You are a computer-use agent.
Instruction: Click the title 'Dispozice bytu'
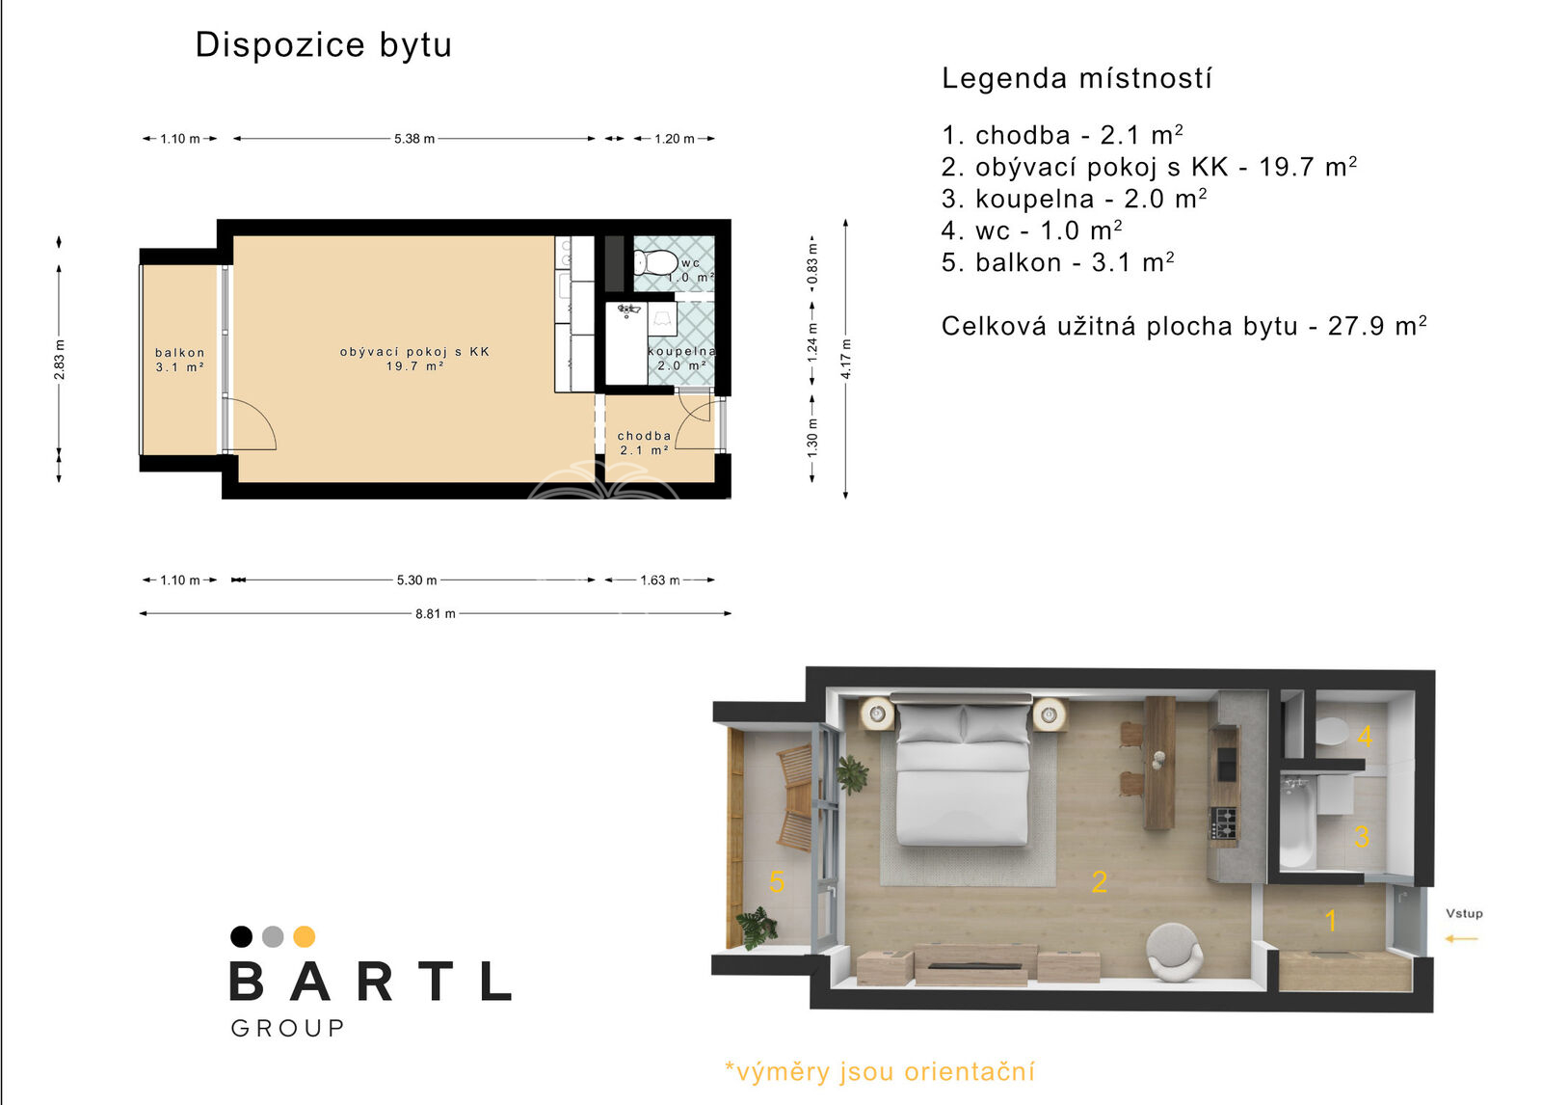[x=324, y=45]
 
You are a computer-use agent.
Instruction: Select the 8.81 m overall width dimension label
[x=435, y=614]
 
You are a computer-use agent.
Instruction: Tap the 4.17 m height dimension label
[x=846, y=359]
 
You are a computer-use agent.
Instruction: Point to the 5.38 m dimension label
[x=414, y=139]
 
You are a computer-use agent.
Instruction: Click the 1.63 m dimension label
[x=660, y=580]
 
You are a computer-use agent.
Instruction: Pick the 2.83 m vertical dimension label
[x=59, y=360]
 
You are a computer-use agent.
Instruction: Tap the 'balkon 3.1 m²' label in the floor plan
[x=179, y=360]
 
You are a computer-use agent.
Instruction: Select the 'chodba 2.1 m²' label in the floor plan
[x=645, y=443]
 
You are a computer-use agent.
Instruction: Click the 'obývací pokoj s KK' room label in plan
[x=415, y=351]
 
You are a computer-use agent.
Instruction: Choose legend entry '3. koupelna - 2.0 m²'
[x=1074, y=199]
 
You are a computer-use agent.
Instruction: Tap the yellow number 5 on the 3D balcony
[x=777, y=882]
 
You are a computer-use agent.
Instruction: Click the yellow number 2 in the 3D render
[x=1100, y=882]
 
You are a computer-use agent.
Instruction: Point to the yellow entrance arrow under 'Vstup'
[x=1461, y=938]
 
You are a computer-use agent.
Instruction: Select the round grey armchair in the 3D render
[x=1174, y=952]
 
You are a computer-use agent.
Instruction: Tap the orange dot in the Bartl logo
[x=305, y=937]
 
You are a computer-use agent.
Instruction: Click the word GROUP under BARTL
[x=288, y=1029]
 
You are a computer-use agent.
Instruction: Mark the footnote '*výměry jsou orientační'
[x=880, y=1072]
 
